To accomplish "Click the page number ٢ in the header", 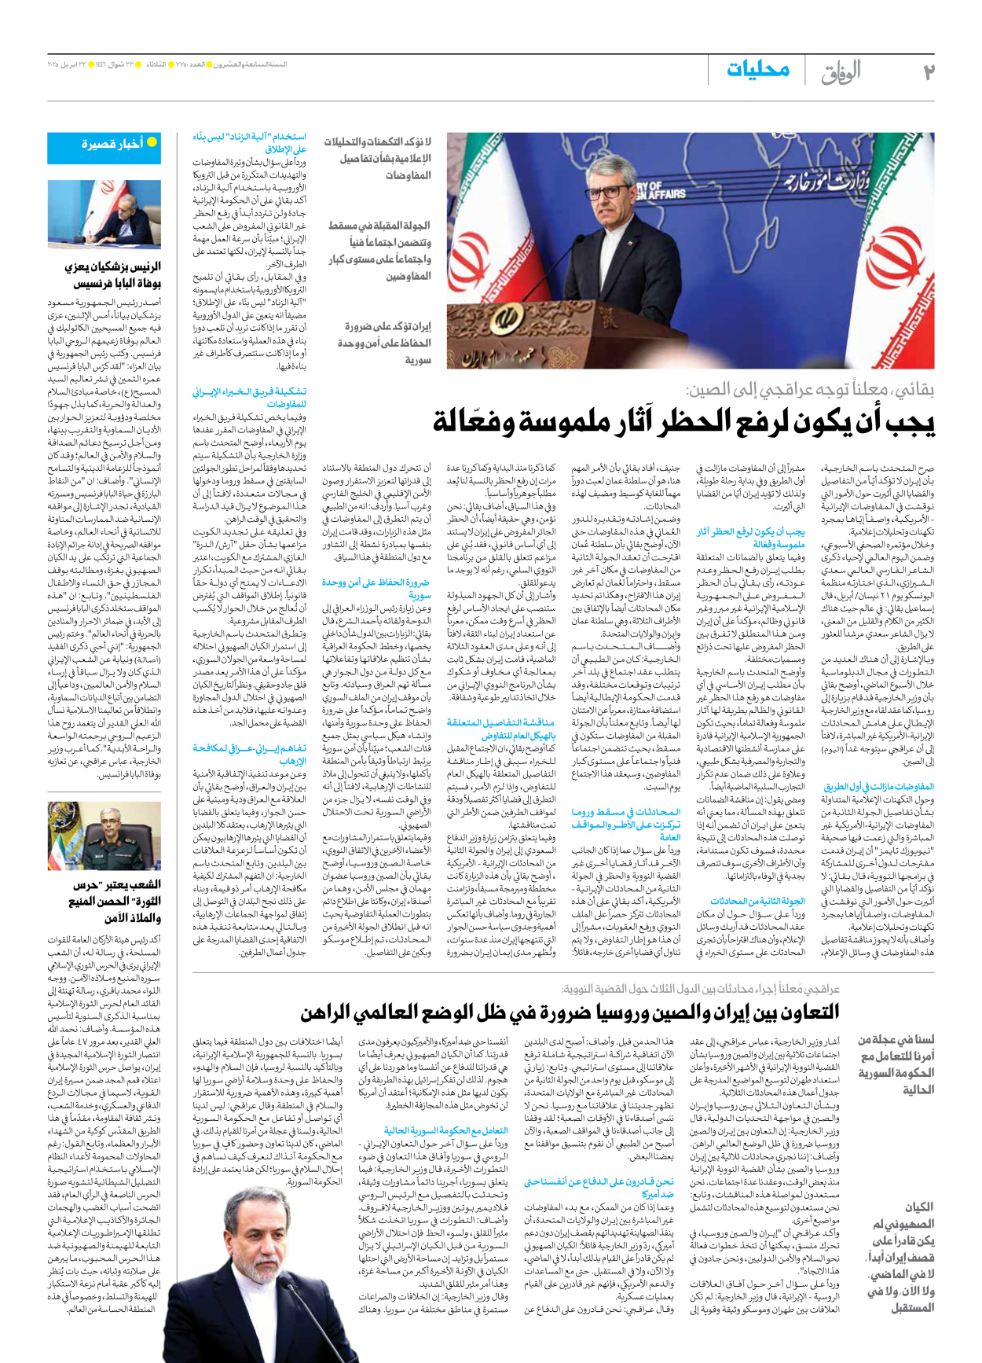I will point(928,72).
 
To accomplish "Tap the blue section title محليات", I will point(757,70).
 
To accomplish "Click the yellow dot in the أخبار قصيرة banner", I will point(152,142).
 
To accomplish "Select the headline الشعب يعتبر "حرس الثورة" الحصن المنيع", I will point(112,901).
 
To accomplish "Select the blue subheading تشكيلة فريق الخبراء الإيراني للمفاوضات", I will point(249,397).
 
